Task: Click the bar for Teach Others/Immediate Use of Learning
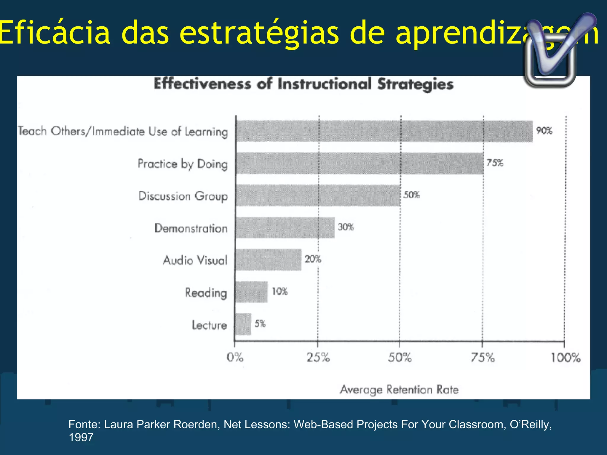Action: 384,131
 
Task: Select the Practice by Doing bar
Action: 360,163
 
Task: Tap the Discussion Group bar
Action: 318,196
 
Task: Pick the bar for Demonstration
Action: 285,227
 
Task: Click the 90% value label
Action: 544,131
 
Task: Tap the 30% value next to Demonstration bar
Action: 346,227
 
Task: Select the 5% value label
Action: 260,324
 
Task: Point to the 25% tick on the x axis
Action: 318,358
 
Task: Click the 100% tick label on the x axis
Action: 565,358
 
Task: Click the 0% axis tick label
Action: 235,358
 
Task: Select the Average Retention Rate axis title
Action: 399,390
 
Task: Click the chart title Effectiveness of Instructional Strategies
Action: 303,84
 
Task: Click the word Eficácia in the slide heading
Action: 55,32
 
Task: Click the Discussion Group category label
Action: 183,196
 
